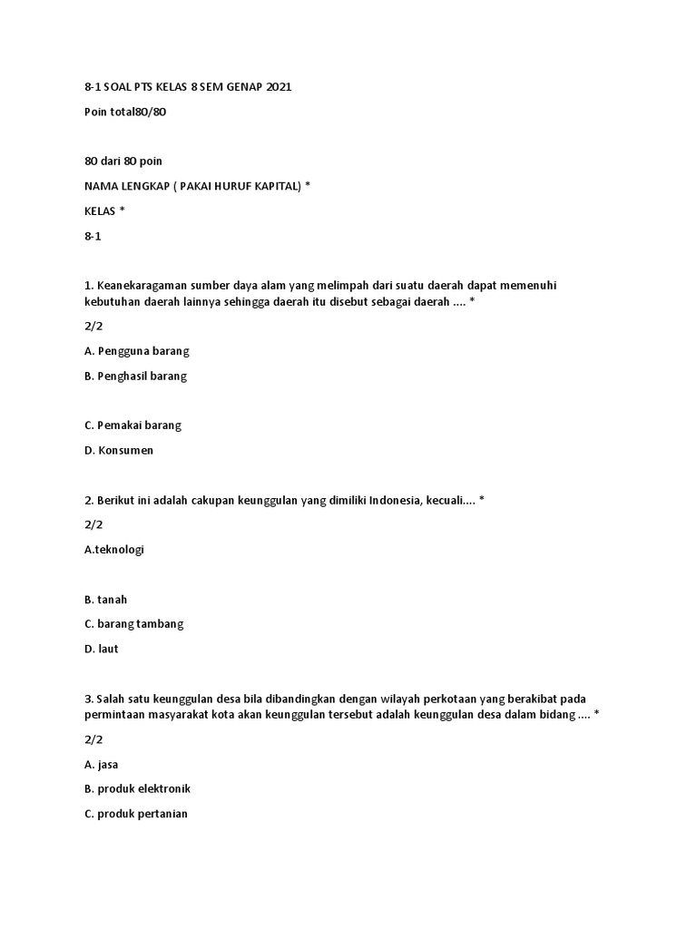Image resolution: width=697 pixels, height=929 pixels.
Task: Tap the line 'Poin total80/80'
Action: (x=125, y=112)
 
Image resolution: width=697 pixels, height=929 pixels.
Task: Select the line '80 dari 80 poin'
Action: (x=123, y=161)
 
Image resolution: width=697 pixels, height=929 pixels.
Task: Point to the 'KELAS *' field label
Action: (x=104, y=210)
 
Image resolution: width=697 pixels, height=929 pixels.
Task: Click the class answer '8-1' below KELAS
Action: (x=93, y=234)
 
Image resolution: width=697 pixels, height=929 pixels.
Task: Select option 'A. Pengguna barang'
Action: (x=137, y=350)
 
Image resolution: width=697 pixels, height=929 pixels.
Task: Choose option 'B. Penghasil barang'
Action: (x=135, y=376)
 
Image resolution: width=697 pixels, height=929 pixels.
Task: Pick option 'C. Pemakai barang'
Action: (x=133, y=425)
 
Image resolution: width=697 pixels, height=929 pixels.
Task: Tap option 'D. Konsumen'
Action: (x=119, y=450)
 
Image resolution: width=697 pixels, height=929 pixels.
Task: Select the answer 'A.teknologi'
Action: (x=114, y=549)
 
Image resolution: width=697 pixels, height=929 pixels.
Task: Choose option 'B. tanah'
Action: (x=106, y=600)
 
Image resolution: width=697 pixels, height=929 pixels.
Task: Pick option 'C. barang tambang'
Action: (x=134, y=624)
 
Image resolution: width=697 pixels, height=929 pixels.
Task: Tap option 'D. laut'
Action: (x=102, y=649)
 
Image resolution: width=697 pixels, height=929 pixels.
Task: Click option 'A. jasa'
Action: (x=102, y=764)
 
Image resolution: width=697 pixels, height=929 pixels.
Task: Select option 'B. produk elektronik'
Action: (x=137, y=788)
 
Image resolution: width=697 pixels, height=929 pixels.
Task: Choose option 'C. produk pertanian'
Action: (x=136, y=814)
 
